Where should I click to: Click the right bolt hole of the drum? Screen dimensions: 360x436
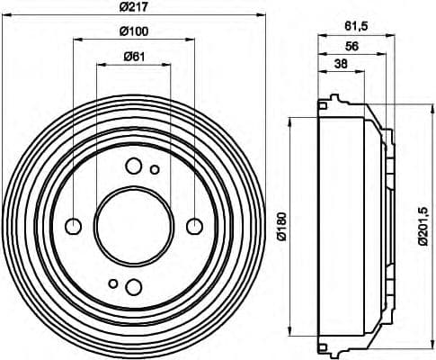pyautogui.click(x=193, y=225)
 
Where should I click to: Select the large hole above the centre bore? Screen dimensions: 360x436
pyautogui.click(x=133, y=165)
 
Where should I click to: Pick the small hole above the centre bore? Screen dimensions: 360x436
pyautogui.click(x=155, y=169)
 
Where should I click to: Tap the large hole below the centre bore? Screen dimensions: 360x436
pyautogui.click(x=133, y=286)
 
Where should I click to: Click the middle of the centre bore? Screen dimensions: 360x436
pyautogui.click(x=133, y=225)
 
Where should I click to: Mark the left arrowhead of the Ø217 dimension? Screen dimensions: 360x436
pyautogui.click(x=7, y=17)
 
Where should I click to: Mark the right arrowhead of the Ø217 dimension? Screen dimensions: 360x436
pyautogui.click(x=260, y=17)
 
